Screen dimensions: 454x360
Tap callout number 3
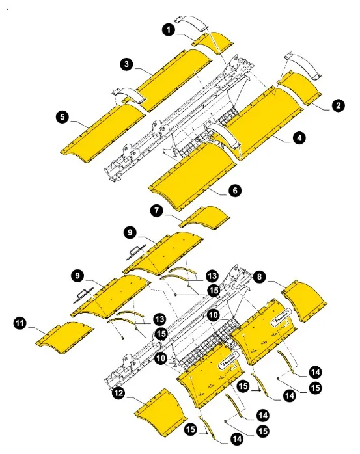coord(127,64)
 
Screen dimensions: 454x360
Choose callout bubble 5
coord(62,118)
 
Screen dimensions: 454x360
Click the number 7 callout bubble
coord(155,210)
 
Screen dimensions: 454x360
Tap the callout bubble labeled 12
coord(118,393)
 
